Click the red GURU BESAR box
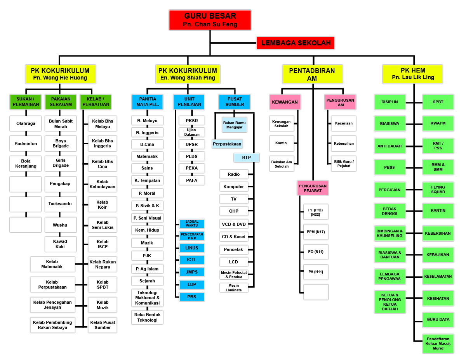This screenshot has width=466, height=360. tap(210, 20)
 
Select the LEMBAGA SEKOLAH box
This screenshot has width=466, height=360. tap(295, 43)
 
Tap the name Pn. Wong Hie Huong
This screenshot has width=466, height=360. tap(60, 78)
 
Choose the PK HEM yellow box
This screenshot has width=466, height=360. tap(412, 74)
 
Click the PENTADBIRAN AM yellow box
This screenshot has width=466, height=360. tap(313, 74)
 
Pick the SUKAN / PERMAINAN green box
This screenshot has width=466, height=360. tap(26, 102)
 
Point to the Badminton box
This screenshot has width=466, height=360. tap(26, 143)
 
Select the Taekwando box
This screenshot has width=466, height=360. tap(61, 204)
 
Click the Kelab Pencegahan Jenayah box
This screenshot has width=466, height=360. tap(52, 305)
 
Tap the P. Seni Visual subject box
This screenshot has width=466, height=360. tap(147, 218)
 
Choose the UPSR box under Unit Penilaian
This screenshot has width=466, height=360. tap(192, 144)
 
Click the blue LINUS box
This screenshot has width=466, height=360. tap(192, 248)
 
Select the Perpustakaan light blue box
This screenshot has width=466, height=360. tap(227, 144)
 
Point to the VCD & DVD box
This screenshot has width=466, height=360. tap(234, 224)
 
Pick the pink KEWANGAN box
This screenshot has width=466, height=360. tap(285, 102)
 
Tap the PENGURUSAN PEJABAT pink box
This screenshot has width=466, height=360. tap(313, 188)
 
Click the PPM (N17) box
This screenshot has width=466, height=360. tap(316, 232)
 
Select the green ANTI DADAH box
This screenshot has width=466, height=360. tap(389, 146)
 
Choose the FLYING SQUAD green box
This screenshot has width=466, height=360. tap(438, 190)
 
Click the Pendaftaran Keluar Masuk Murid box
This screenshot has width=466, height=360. tap(438, 343)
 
